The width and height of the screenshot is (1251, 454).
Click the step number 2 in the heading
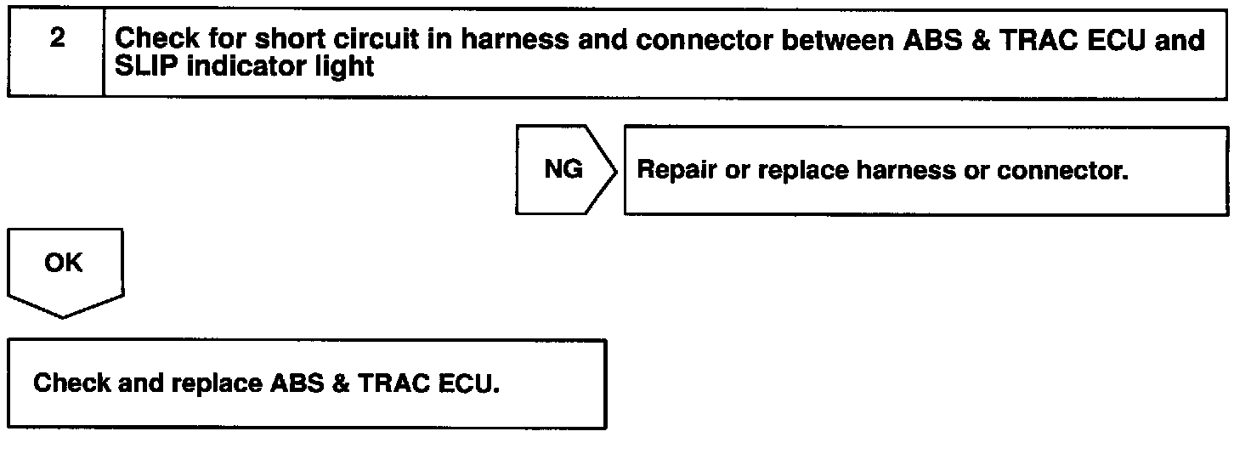coord(57,40)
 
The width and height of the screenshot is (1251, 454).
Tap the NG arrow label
coord(563,170)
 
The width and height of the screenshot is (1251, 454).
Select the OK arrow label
coord(64,264)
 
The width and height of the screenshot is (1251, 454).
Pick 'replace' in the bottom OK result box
coord(217,383)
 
